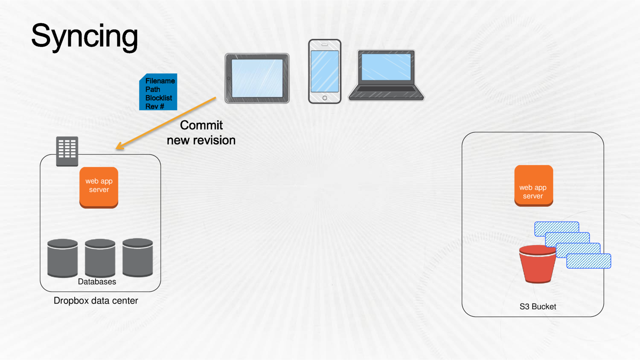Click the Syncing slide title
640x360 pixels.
[84, 36]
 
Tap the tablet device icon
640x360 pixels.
[257, 78]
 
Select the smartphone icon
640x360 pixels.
[324, 71]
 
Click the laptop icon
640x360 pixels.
[386, 75]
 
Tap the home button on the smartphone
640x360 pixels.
[324, 98]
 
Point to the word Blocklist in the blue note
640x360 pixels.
[158, 98]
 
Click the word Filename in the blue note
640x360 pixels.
[160, 81]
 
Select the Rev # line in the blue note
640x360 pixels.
[155, 106]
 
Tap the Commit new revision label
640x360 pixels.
[201, 133]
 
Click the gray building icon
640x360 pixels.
[67, 151]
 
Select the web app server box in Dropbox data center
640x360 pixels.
[99, 187]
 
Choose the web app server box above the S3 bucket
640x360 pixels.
[534, 186]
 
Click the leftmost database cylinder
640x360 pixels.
[62, 258]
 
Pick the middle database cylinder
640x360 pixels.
[100, 258]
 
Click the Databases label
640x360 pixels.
[97, 282]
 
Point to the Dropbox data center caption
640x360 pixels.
[96, 301]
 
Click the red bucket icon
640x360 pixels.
[537, 264]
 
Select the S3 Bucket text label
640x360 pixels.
[538, 307]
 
